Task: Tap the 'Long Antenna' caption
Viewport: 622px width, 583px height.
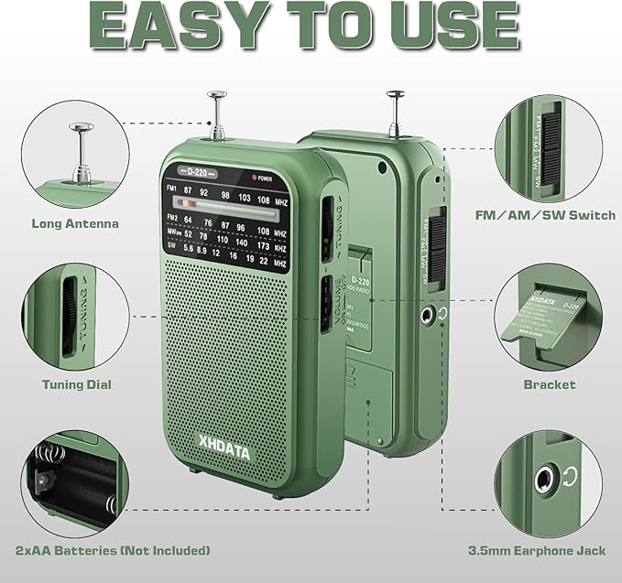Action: tap(75, 222)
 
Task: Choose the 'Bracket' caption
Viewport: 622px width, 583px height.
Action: tap(550, 385)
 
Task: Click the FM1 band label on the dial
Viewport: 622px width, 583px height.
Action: tap(173, 189)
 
